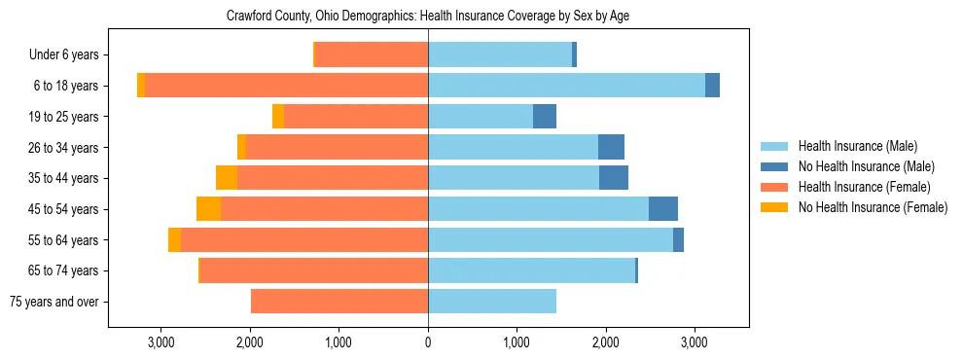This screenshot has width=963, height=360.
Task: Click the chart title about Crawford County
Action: pos(428,17)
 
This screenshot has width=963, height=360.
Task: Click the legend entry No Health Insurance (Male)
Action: pos(866,166)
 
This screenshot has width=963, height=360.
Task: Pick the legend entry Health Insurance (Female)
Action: pos(864,187)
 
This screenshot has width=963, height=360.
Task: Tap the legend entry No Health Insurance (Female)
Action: pos(873,207)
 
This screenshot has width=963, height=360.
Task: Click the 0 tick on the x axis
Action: pos(428,342)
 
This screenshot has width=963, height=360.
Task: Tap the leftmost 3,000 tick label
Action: pos(160,342)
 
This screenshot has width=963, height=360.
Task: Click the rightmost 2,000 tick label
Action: pos(605,342)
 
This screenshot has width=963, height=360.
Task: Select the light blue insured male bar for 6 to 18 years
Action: pos(566,86)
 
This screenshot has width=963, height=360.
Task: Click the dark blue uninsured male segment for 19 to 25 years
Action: pos(545,117)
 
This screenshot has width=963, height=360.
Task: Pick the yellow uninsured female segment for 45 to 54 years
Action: pos(209,209)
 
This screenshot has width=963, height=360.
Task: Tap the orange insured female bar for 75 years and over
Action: pos(339,302)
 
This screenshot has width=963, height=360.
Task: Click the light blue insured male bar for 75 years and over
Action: pos(492,302)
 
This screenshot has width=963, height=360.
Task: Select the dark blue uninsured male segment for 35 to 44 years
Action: pos(614,178)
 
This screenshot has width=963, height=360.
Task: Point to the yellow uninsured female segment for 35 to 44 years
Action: pos(227,178)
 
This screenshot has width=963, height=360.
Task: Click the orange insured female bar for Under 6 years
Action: pos(372,55)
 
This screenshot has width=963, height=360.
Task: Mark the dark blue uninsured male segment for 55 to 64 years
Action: pos(678,240)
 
